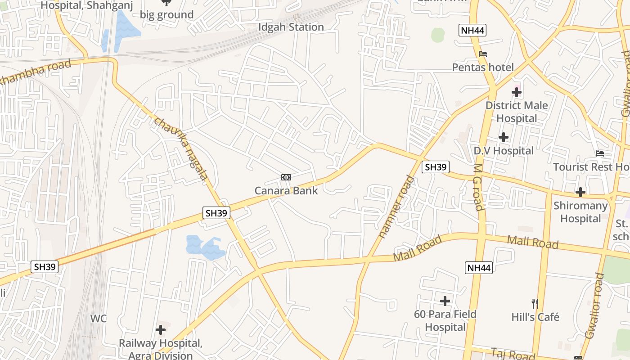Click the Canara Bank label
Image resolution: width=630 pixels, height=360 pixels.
click(x=286, y=190)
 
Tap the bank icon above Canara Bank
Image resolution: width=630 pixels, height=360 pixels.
click(x=286, y=177)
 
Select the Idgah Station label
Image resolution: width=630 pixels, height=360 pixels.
click(x=291, y=27)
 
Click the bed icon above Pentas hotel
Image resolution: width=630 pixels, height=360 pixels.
click(x=483, y=54)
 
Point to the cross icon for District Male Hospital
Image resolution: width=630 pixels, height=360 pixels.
click(x=517, y=93)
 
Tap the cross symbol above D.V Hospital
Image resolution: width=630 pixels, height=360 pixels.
click(x=504, y=137)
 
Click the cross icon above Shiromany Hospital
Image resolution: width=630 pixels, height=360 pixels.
click(x=580, y=192)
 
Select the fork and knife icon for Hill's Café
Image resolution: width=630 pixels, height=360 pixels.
click(x=535, y=304)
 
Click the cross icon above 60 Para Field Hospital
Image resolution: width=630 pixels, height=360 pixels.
click(x=445, y=301)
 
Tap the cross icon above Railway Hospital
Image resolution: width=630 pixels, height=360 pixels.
click(x=161, y=330)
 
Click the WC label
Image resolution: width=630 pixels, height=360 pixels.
click(x=99, y=319)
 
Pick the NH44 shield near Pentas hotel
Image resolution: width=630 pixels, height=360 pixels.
click(x=472, y=31)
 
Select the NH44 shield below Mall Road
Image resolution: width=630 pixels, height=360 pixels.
click(x=479, y=268)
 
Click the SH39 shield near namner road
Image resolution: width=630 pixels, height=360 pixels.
click(x=436, y=167)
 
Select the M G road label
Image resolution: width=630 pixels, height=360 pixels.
click(x=478, y=187)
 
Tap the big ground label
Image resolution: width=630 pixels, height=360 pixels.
click(x=166, y=15)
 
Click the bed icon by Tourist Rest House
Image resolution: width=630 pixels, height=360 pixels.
click(x=600, y=153)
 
